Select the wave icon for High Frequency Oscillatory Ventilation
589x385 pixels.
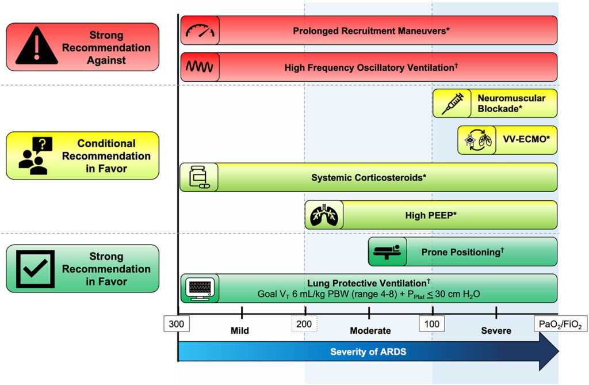[199, 67]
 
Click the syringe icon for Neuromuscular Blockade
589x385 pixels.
[452, 104]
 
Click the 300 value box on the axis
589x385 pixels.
[177, 324]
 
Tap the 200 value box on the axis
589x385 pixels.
[304, 324]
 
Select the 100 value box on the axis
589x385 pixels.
[432, 324]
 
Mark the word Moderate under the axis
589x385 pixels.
[370, 331]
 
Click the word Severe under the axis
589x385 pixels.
[496, 331]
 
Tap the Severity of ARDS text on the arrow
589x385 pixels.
[368, 352]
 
